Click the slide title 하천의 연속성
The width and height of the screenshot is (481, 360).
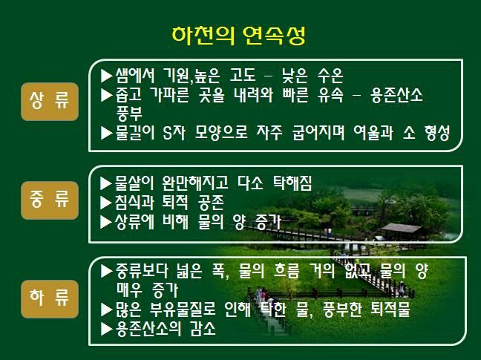pyautogui.click(x=238, y=36)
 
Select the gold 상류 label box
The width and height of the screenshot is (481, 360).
pyautogui.click(x=50, y=102)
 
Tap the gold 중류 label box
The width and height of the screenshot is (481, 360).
pyautogui.click(x=50, y=200)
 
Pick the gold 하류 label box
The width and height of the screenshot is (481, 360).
pyautogui.click(x=50, y=299)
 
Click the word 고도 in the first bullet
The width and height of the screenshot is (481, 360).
pyautogui.click(x=243, y=76)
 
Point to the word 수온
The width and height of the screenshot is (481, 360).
pyautogui.click(x=330, y=76)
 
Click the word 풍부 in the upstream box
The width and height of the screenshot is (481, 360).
pyautogui.click(x=129, y=114)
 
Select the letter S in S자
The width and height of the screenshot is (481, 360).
pyautogui.click(x=167, y=133)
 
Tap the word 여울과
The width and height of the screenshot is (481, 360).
pyautogui.click(x=373, y=133)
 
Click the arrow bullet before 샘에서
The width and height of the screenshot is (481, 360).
pyautogui.click(x=106, y=76)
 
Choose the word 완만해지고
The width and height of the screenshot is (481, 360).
pyautogui.click(x=195, y=183)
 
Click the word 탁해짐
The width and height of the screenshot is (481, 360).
pyautogui.click(x=292, y=183)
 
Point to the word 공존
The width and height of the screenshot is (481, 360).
pyautogui.click(x=211, y=203)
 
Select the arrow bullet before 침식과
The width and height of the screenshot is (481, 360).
pyautogui.click(x=106, y=203)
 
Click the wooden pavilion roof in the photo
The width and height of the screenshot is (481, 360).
pyautogui.click(x=402, y=228)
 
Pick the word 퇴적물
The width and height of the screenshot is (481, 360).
pyautogui.click(x=390, y=310)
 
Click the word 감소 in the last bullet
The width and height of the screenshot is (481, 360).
pyautogui.click(x=203, y=329)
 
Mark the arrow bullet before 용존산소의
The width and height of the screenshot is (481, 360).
pyautogui.click(x=106, y=329)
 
